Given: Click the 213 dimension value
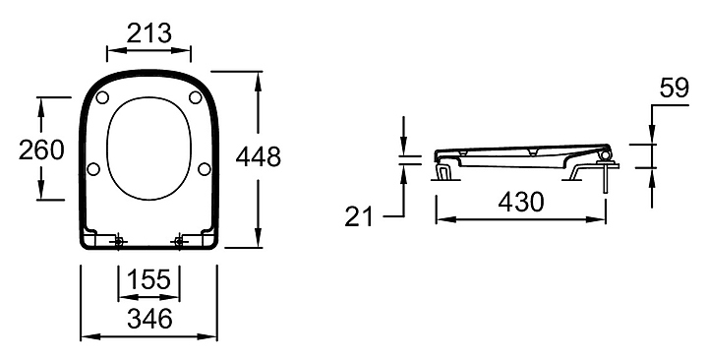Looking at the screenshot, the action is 149,33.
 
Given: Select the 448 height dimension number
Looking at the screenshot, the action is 259,157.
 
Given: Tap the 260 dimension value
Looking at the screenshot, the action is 41,150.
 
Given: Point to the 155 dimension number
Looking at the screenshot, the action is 149,279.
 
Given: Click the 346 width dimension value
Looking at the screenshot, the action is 149,319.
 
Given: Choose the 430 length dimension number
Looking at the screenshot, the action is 521,202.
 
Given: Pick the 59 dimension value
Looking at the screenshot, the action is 675,89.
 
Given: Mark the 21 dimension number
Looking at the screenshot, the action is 359,216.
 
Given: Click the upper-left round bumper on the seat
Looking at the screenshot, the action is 102,97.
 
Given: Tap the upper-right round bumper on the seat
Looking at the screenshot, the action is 196,97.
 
